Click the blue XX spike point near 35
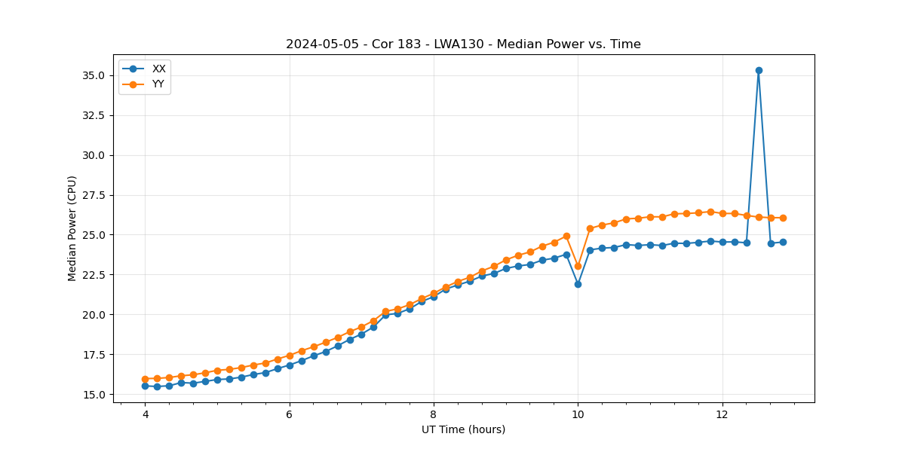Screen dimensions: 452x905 pos(759,70)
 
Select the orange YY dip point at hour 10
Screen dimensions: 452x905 pos(578,266)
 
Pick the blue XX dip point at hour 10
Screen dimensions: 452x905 pos(578,284)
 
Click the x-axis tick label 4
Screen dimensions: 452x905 pos(145,414)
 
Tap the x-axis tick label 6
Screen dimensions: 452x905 pos(290,414)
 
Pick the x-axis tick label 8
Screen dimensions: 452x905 pos(434,414)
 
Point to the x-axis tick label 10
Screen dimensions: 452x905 pos(578,414)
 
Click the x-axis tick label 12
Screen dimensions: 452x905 pos(722,414)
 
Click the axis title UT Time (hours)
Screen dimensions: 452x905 pos(463,429)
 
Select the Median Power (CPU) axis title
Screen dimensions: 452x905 pos(72,228)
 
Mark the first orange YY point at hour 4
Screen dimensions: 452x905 pos(145,379)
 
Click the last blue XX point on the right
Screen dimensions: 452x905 pos(783,242)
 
